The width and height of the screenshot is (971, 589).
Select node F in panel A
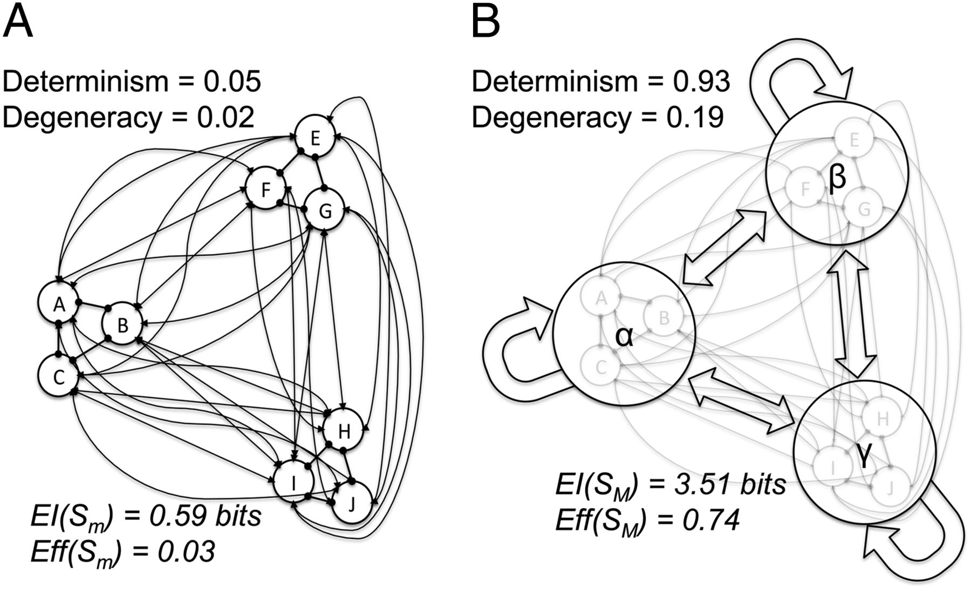pos(265,189)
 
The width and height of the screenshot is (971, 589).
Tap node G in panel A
pos(325,211)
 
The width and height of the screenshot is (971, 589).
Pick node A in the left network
pos(59,304)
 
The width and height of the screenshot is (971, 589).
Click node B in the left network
pos(122,325)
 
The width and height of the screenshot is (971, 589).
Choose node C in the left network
pos(59,376)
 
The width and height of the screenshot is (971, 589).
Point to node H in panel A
pos(344,431)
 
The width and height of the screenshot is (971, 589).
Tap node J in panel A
pos(352,503)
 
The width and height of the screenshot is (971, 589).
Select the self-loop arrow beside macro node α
pos(512,351)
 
